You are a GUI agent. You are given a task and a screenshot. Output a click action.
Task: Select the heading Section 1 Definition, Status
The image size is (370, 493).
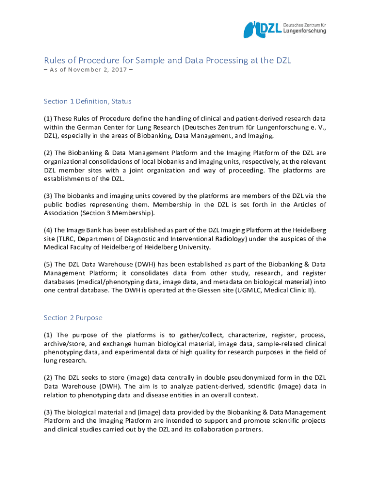coord(87,101)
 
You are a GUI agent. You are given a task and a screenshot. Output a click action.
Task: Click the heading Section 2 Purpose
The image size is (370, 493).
coord(73,318)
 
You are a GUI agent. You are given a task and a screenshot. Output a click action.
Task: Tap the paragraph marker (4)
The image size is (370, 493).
coord(49,230)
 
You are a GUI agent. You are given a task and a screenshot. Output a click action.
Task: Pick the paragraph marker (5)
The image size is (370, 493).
coord(49,264)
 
